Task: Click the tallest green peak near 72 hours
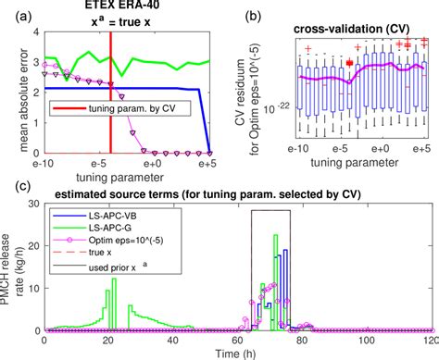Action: pos(276,237)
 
